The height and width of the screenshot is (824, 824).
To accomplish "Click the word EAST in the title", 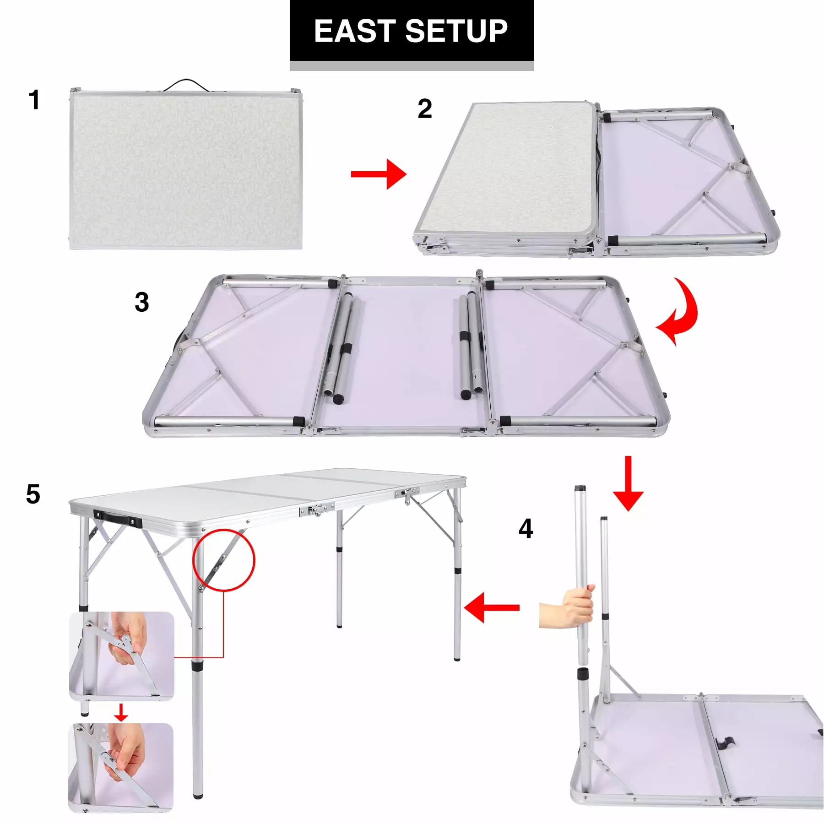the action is (355, 31).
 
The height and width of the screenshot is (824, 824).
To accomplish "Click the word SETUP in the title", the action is (456, 31).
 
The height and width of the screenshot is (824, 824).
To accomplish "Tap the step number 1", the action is (34, 100).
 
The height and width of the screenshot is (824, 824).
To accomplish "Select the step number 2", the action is (425, 109).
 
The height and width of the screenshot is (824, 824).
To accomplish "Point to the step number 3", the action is (142, 302).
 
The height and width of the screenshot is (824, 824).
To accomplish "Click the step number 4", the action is (526, 529).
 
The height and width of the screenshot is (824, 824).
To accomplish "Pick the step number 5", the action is (33, 494).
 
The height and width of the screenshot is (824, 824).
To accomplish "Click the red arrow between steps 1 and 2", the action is (379, 174).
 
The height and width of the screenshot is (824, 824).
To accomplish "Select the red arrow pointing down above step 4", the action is (628, 483).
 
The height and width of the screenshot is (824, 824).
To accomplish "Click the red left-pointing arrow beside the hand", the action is (491, 607).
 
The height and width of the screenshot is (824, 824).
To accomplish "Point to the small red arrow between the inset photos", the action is (121, 712).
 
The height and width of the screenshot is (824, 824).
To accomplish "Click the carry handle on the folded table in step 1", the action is (185, 85).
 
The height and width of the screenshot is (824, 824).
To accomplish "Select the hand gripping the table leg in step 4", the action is (568, 606).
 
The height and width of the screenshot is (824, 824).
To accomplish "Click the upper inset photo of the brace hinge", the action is (122, 656).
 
